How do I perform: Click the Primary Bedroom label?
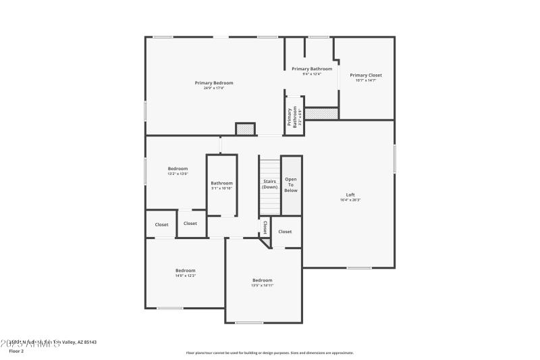214,82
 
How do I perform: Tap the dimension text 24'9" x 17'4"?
214,88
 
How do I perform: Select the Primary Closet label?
365,75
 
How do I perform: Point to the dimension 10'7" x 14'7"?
365,80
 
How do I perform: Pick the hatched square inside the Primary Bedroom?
244,128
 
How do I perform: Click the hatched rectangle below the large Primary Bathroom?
321,114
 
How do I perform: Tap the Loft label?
350,195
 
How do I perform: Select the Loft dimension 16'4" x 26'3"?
350,200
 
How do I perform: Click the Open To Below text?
291,185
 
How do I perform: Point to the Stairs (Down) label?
270,184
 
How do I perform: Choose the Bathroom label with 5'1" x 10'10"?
221,183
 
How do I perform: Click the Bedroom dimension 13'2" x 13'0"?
178,174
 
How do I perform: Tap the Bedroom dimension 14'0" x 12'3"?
186,276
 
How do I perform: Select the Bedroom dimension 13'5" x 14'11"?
263,286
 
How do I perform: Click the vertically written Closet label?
265,228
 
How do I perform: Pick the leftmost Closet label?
161,224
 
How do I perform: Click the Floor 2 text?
16,351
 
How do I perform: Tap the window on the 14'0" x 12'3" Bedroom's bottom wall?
170,308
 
